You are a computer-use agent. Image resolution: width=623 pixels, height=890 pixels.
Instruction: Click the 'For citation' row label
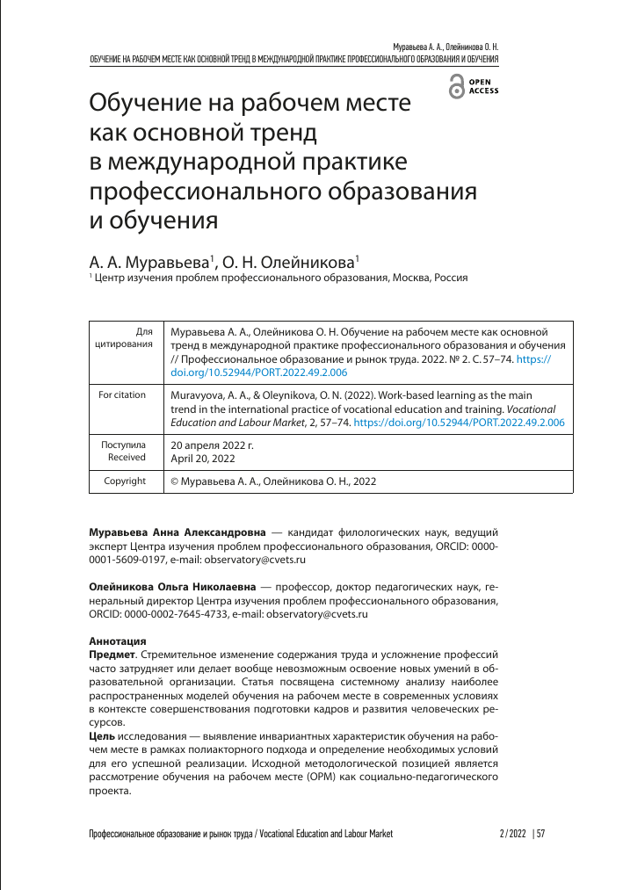tap(122, 395)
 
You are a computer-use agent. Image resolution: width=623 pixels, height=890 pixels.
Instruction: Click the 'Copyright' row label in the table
tap(124, 481)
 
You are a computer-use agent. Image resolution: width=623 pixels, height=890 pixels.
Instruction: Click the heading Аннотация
tap(118, 642)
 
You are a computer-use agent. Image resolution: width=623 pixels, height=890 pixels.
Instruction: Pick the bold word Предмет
tap(112, 655)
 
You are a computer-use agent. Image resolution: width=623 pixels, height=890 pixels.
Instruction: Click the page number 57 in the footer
tap(540, 834)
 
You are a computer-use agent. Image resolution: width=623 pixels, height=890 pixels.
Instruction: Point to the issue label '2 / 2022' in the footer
tap(511, 834)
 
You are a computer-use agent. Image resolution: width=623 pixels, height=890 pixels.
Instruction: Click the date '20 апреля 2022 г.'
tap(211, 445)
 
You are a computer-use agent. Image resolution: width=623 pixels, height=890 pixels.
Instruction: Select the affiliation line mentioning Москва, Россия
tap(279, 279)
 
